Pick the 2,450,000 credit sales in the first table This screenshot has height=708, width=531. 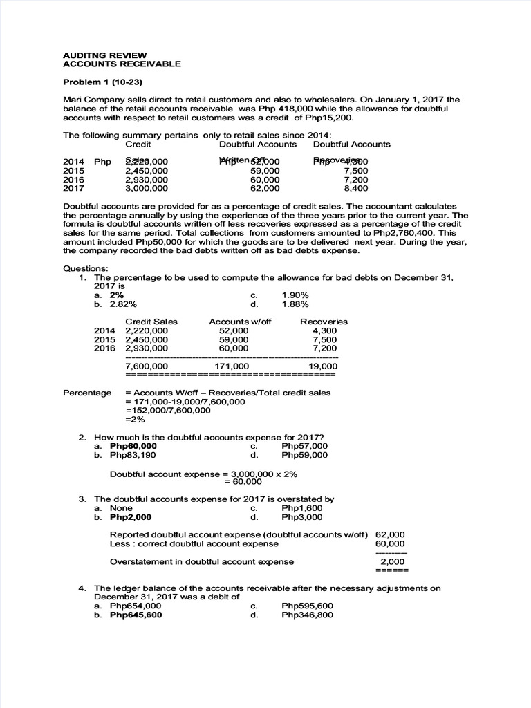[x=146, y=170]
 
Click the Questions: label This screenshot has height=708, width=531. [x=86, y=268]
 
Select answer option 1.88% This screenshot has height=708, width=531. [x=295, y=304]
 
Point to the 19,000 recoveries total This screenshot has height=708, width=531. [x=323, y=366]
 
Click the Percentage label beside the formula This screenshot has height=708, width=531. [x=87, y=393]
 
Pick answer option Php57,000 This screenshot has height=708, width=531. [x=305, y=446]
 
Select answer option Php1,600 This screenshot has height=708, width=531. [x=302, y=507]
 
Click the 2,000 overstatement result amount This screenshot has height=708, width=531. [x=393, y=561]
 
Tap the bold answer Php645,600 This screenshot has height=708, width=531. [x=136, y=615]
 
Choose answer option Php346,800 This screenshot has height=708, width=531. [x=307, y=615]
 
